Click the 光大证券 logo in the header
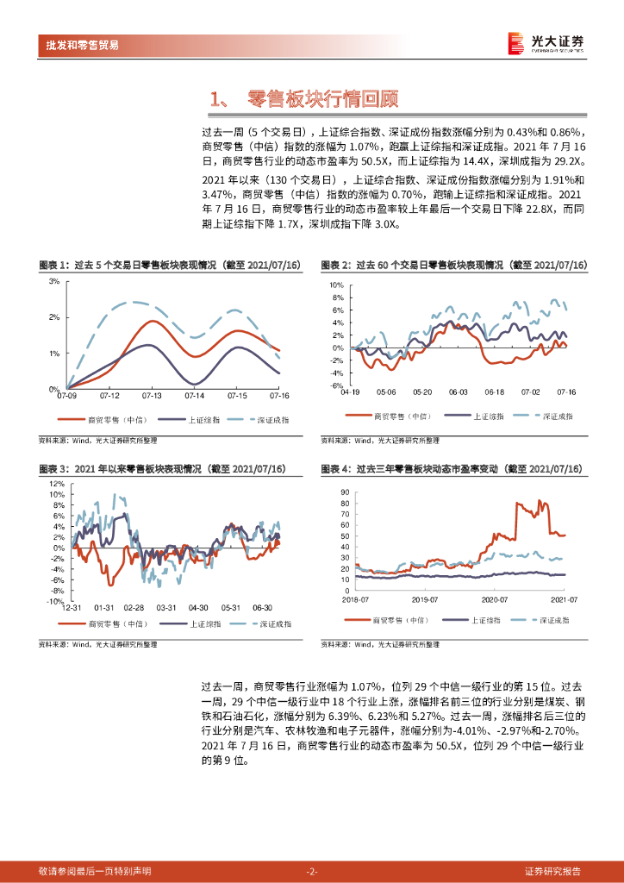[x=545, y=42]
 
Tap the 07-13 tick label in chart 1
[x=152, y=396]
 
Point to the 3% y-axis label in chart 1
[x=53, y=281]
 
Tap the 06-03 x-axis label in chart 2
[x=459, y=392]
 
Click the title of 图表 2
[x=452, y=265]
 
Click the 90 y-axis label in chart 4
[x=345, y=492]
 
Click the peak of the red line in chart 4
[x=540, y=499]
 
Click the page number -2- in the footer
[x=312, y=871]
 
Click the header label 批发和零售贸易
[x=83, y=45]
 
